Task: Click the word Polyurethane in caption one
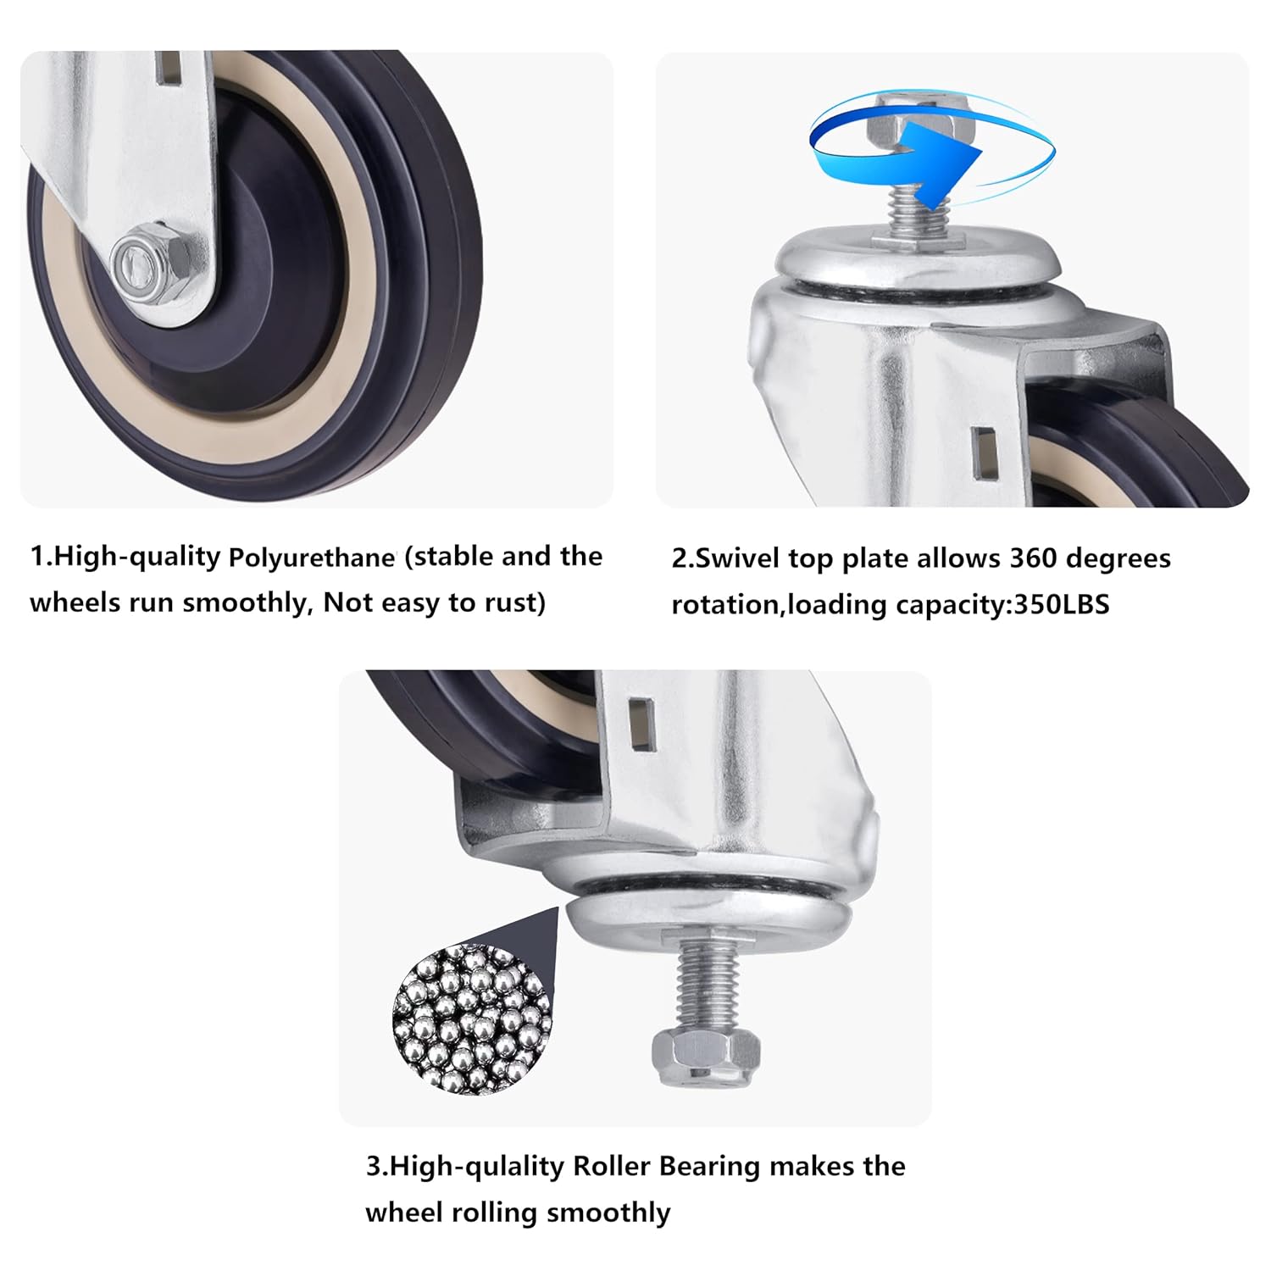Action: [311, 558]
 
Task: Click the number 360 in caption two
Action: [1033, 558]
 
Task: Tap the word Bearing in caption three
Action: [709, 1167]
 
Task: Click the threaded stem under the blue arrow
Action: [916, 220]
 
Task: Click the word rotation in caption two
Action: [726, 605]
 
